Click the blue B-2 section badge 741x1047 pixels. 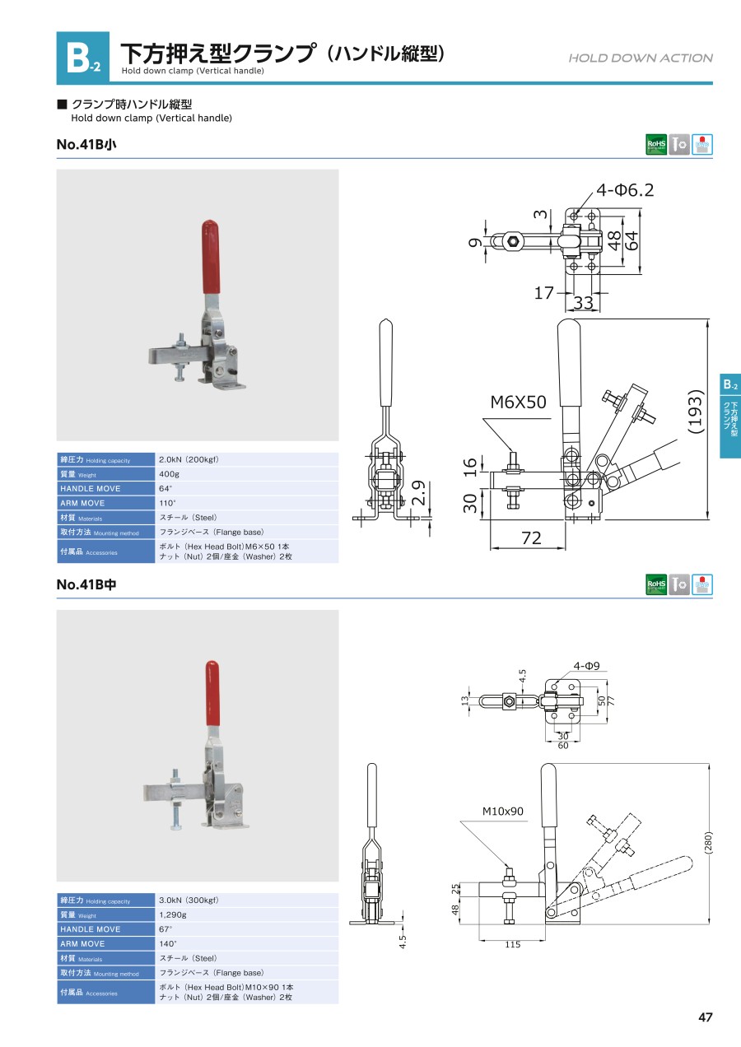pyautogui.click(x=82, y=58)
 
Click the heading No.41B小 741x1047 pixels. pyautogui.click(x=86, y=145)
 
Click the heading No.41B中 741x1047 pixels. pyautogui.click(x=86, y=585)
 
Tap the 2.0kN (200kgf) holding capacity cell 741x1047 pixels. pyautogui.click(x=189, y=460)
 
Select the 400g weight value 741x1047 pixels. pyautogui.click(x=169, y=474)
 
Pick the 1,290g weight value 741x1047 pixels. pyautogui.click(x=173, y=914)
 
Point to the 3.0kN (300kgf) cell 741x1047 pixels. pyautogui.click(x=189, y=900)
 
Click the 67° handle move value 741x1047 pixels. pyautogui.click(x=165, y=929)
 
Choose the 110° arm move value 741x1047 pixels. pyautogui.click(x=167, y=503)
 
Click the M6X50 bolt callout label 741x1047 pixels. pyautogui.click(x=518, y=403)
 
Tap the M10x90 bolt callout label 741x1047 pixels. pyautogui.click(x=502, y=812)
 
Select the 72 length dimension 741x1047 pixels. pyautogui.click(x=532, y=537)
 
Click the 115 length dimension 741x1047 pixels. pyautogui.click(x=512, y=945)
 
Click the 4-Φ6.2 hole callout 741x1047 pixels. pyautogui.click(x=625, y=190)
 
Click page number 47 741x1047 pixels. pyautogui.click(x=705, y=1017)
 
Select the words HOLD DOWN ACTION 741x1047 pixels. pyautogui.click(x=641, y=58)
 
